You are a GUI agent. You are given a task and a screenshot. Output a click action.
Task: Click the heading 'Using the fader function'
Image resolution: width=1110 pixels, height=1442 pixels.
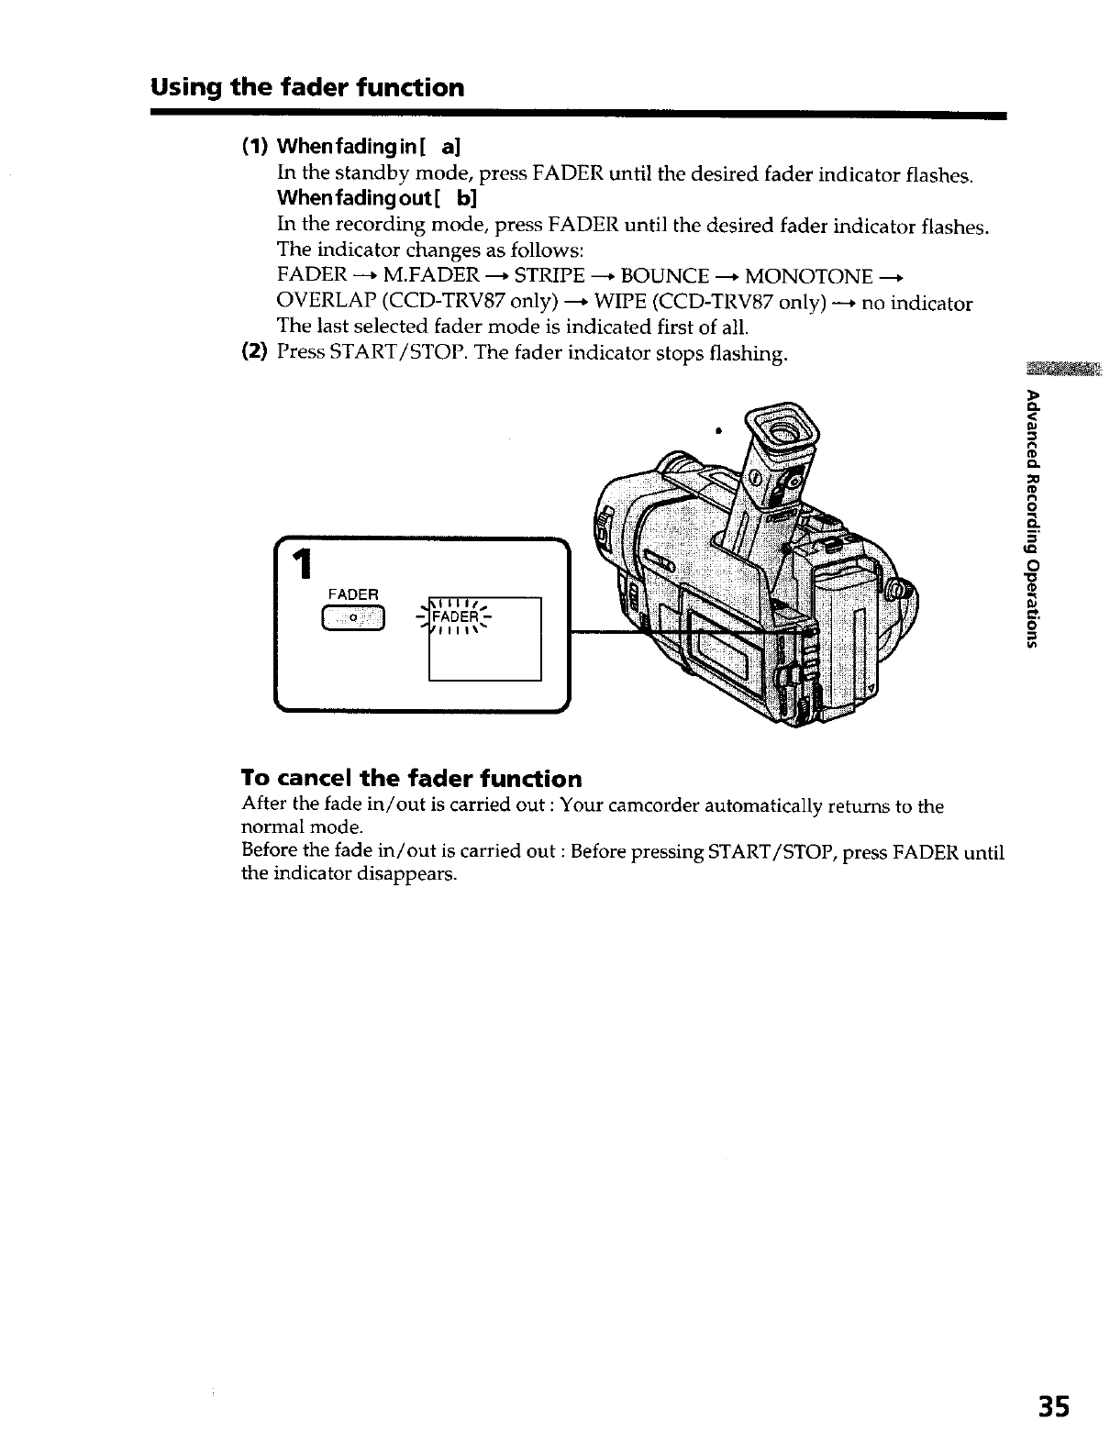(x=308, y=88)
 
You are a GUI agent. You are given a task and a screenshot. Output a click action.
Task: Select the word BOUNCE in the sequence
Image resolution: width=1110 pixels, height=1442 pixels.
(x=665, y=276)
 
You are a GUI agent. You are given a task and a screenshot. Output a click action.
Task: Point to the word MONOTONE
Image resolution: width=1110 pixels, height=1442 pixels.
(x=808, y=276)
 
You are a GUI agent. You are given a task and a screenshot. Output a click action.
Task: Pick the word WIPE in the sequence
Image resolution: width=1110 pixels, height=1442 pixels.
(x=619, y=304)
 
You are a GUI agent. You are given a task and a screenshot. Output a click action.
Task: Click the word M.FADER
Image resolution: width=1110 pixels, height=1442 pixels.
(x=431, y=276)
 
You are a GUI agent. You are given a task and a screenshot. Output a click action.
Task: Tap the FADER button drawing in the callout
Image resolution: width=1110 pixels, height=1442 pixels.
(x=352, y=620)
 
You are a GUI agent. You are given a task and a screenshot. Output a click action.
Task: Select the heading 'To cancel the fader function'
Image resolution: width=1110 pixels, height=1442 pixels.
(x=411, y=779)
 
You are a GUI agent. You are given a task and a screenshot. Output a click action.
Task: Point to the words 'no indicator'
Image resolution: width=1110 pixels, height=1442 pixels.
(x=916, y=304)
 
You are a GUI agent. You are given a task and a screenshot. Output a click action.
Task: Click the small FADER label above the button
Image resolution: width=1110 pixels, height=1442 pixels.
(x=352, y=593)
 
